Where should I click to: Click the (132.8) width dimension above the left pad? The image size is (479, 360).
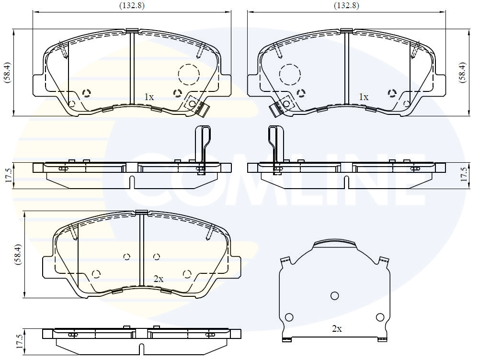click(132, 6)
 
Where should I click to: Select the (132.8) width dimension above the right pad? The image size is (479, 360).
click(346, 6)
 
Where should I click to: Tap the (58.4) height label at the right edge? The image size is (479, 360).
click(462, 72)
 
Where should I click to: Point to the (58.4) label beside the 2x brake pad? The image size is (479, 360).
click(18, 255)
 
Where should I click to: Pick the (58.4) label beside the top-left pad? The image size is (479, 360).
click(7, 72)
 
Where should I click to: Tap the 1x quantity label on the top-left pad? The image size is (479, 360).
click(149, 97)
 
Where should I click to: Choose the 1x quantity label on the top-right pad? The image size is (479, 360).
click(364, 97)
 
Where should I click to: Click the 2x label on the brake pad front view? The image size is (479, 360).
click(159, 279)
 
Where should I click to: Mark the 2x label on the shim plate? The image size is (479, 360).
click(337, 329)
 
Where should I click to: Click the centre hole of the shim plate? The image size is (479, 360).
click(335, 295)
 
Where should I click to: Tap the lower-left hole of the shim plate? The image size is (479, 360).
click(289, 317)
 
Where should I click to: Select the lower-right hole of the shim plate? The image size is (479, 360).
click(380, 317)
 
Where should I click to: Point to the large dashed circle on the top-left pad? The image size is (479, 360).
click(188, 74)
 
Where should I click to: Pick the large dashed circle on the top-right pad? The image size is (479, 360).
click(290, 74)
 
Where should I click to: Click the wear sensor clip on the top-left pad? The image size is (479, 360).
click(198, 106)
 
